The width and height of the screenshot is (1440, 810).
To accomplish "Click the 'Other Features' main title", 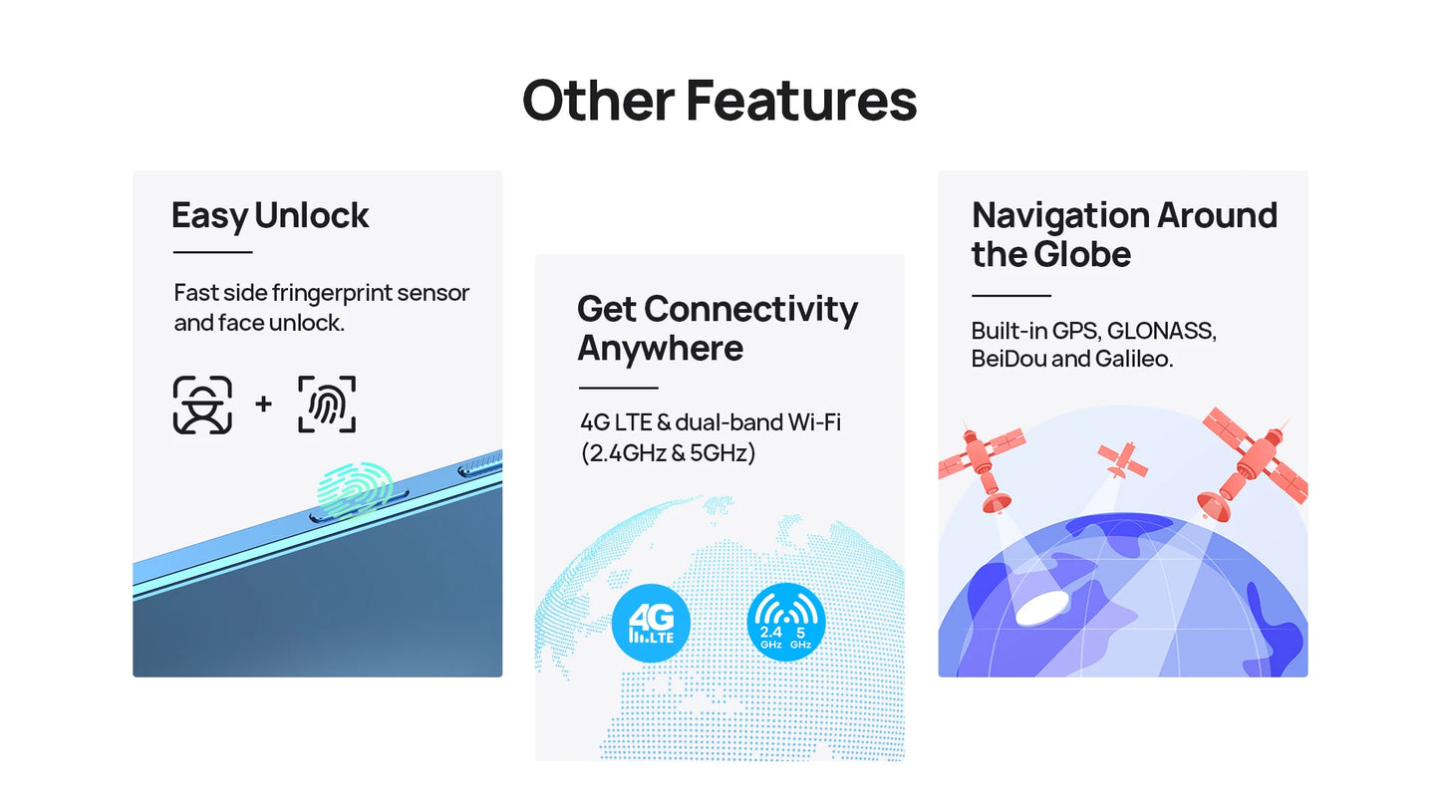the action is (x=720, y=101).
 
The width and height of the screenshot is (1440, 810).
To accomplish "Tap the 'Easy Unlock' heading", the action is (x=270, y=216).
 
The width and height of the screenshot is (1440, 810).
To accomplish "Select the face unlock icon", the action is (x=202, y=405).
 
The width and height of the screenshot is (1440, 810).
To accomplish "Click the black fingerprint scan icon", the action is (x=327, y=405).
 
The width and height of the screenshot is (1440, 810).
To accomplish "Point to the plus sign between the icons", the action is (x=263, y=404).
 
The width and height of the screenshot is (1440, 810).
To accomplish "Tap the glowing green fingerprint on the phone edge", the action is (x=355, y=489).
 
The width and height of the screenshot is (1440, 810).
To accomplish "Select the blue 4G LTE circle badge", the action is (x=651, y=623).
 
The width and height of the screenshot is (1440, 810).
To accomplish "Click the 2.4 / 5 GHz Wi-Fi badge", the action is (x=785, y=622).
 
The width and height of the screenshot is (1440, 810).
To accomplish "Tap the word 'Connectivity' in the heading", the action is (x=750, y=309).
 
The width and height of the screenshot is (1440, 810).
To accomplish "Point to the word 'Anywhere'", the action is (x=661, y=349).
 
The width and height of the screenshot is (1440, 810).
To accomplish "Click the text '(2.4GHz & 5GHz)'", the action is (x=668, y=453).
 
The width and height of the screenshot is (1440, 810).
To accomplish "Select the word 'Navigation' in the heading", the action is (x=1060, y=215).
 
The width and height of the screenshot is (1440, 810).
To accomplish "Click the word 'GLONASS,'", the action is (x=1162, y=331).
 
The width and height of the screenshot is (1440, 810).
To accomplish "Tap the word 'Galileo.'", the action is (x=1134, y=359).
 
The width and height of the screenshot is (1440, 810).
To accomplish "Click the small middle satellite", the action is (x=1122, y=459).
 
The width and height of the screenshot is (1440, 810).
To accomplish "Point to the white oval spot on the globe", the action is (x=1042, y=608).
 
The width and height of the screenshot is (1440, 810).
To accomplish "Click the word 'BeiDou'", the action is (x=1008, y=359).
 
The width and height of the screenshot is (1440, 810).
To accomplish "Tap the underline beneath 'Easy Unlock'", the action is (x=212, y=252).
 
